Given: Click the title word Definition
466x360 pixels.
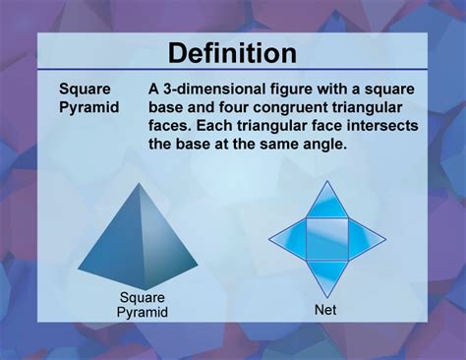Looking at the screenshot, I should click(x=232, y=52).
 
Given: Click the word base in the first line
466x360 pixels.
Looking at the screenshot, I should click(x=168, y=106).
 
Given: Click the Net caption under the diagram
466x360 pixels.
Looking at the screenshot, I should click(x=325, y=309).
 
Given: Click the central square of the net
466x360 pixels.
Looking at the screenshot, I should click(x=326, y=236).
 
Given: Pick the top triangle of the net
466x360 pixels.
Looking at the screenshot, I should click(x=326, y=205).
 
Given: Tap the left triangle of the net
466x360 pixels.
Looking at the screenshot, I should click(x=291, y=237).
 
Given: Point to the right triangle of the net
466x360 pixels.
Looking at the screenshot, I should click(x=362, y=237).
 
